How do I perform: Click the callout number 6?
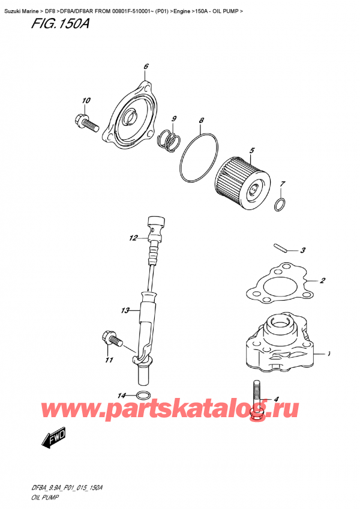tap(146, 66)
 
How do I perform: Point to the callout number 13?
tap(124, 311)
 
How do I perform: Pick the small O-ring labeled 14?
tap(143, 395)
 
